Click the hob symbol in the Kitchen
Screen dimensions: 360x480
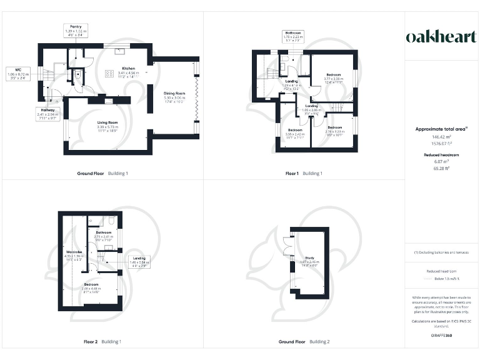(x=109, y=74)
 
